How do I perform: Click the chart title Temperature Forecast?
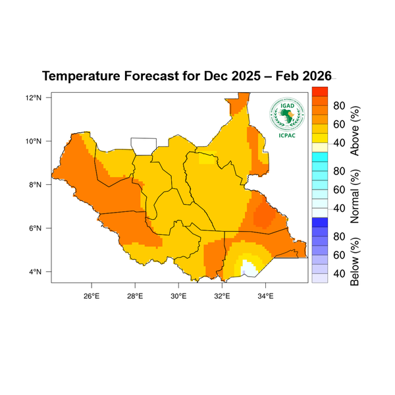point(186,76)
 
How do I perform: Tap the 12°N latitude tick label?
point(34,97)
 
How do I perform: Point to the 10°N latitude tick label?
point(34,141)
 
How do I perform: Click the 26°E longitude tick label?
point(91,294)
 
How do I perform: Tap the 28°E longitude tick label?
point(134,294)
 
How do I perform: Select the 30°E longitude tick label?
point(178,294)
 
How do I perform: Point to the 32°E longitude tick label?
point(222,294)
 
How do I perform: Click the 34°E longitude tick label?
point(265,294)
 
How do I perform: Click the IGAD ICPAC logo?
point(286,114)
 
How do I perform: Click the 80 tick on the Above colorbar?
point(340,106)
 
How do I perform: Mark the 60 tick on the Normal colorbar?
point(340,190)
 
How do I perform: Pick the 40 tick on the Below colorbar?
point(340,273)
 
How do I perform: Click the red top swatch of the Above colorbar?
point(319,91)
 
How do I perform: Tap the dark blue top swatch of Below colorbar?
point(319,222)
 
